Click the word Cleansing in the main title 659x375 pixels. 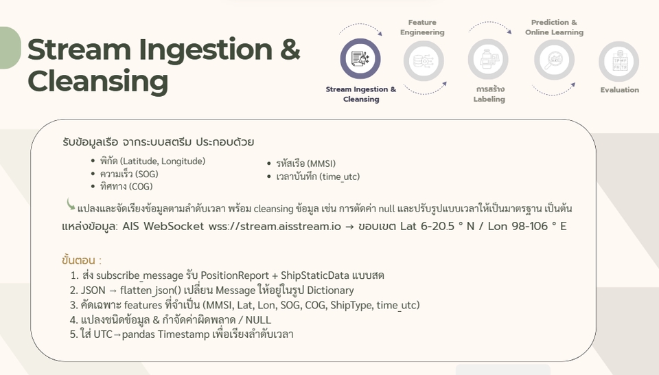pos(97,81)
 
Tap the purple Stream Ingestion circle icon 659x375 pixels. pos(360,59)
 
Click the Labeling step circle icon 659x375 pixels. pos(488,60)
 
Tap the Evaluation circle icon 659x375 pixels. pos(618,62)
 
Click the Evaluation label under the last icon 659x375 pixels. pos(619,90)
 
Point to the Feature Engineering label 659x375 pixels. pos(422,27)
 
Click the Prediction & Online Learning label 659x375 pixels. pos(554,27)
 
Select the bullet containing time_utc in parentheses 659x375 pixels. pos(317,177)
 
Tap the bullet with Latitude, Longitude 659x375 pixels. pos(152,161)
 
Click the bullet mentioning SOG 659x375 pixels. pos(129,174)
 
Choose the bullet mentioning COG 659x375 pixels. pos(126,186)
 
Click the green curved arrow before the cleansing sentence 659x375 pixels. pos(70,204)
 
